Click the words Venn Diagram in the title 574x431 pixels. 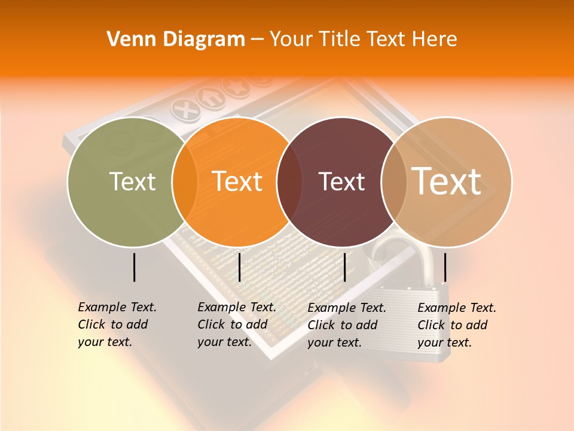point(175,40)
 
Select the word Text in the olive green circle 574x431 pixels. point(132,181)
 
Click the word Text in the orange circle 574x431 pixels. point(237,181)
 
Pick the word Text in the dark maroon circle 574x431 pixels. point(341,181)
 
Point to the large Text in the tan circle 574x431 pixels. point(447,181)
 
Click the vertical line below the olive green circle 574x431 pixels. point(134,267)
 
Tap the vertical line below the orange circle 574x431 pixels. point(239,267)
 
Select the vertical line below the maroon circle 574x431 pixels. point(344,267)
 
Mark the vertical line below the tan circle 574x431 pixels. point(445,267)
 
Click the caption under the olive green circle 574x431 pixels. point(117,324)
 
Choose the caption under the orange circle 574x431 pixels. point(237,324)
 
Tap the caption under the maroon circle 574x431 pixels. point(347,325)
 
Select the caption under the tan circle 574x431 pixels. point(457,325)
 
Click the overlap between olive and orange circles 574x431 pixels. point(185,181)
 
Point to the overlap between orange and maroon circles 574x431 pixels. point(289,181)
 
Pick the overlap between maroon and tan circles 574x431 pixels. point(393,181)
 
